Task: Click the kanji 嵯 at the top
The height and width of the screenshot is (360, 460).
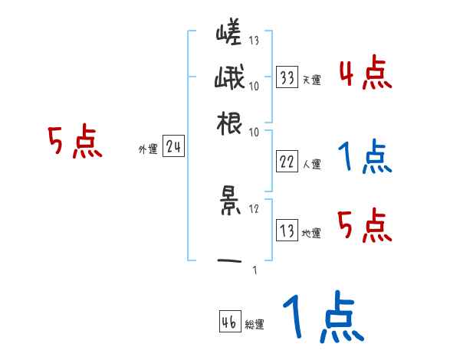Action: point(228,34)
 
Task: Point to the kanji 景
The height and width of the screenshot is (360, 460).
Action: point(228,201)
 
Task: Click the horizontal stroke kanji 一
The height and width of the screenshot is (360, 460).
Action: point(228,260)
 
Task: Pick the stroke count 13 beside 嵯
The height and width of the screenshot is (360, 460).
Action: point(254,41)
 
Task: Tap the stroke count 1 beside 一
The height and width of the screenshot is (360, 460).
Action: point(254,270)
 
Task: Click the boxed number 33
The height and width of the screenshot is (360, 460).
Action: point(287,77)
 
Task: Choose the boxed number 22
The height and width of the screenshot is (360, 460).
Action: point(287,162)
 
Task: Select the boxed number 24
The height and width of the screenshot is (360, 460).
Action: point(172,147)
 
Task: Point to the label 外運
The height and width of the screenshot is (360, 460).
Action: point(147,149)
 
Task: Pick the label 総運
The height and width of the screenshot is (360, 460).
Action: point(255,324)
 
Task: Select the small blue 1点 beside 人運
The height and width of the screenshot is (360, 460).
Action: point(365,156)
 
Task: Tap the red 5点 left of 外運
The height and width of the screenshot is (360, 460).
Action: point(75,143)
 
